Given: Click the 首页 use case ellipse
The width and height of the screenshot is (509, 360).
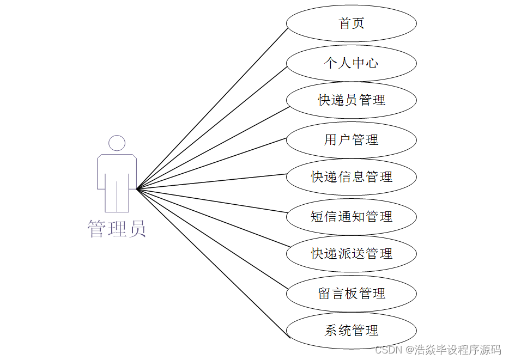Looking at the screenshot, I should [x=352, y=23].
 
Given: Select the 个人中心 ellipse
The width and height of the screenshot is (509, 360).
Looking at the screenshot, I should [x=352, y=63].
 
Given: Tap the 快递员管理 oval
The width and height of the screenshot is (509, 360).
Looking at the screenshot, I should [x=352, y=100].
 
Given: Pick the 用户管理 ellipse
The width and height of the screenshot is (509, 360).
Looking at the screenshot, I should [x=352, y=140].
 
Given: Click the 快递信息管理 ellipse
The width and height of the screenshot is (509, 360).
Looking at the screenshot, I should [x=352, y=177].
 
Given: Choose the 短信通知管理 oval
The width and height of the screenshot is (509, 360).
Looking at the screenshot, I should [x=352, y=217].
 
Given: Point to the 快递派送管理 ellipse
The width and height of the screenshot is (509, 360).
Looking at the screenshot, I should [x=352, y=254].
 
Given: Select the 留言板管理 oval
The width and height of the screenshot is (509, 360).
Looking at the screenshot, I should [x=352, y=294].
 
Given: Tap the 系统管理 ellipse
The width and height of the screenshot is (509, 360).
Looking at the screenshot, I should [x=352, y=331].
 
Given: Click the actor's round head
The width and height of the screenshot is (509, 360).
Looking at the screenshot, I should [x=117, y=143].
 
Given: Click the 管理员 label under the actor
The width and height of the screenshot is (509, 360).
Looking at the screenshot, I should [x=117, y=229].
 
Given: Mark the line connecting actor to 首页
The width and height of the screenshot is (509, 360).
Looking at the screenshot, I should [x=211, y=108].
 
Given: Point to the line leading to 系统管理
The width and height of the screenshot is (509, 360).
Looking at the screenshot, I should [x=211, y=264].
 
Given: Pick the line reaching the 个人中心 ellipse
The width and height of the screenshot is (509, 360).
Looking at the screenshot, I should [x=211, y=129].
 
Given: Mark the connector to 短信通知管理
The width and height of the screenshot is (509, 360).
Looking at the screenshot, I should [x=211, y=203].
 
